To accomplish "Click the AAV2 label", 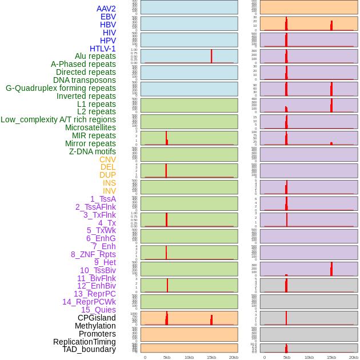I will pos(106,9).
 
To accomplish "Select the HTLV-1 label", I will pos(102,49).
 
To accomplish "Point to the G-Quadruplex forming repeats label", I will pos(61,89).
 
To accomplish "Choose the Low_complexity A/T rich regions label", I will pos(58,119).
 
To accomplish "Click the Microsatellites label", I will pos(90,127).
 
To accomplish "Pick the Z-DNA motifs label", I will pos(92,151).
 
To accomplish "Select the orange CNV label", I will pos(107,159).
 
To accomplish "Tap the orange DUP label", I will pos(107,175).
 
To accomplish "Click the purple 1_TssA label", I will pos(103,199).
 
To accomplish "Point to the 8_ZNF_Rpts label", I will pos(93,254).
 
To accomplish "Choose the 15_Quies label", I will pos(98,310).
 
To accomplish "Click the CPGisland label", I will pos(97,318).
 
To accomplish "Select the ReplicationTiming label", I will pos(84,342).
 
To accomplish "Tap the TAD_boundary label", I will pos(89,349).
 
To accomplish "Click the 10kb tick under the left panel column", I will pos(189,357).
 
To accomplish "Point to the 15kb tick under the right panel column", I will pos(331,357).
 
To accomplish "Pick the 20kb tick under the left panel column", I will pos(234,357).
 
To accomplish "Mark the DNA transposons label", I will pos(85,80).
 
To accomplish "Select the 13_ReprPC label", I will pos(94,294).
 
